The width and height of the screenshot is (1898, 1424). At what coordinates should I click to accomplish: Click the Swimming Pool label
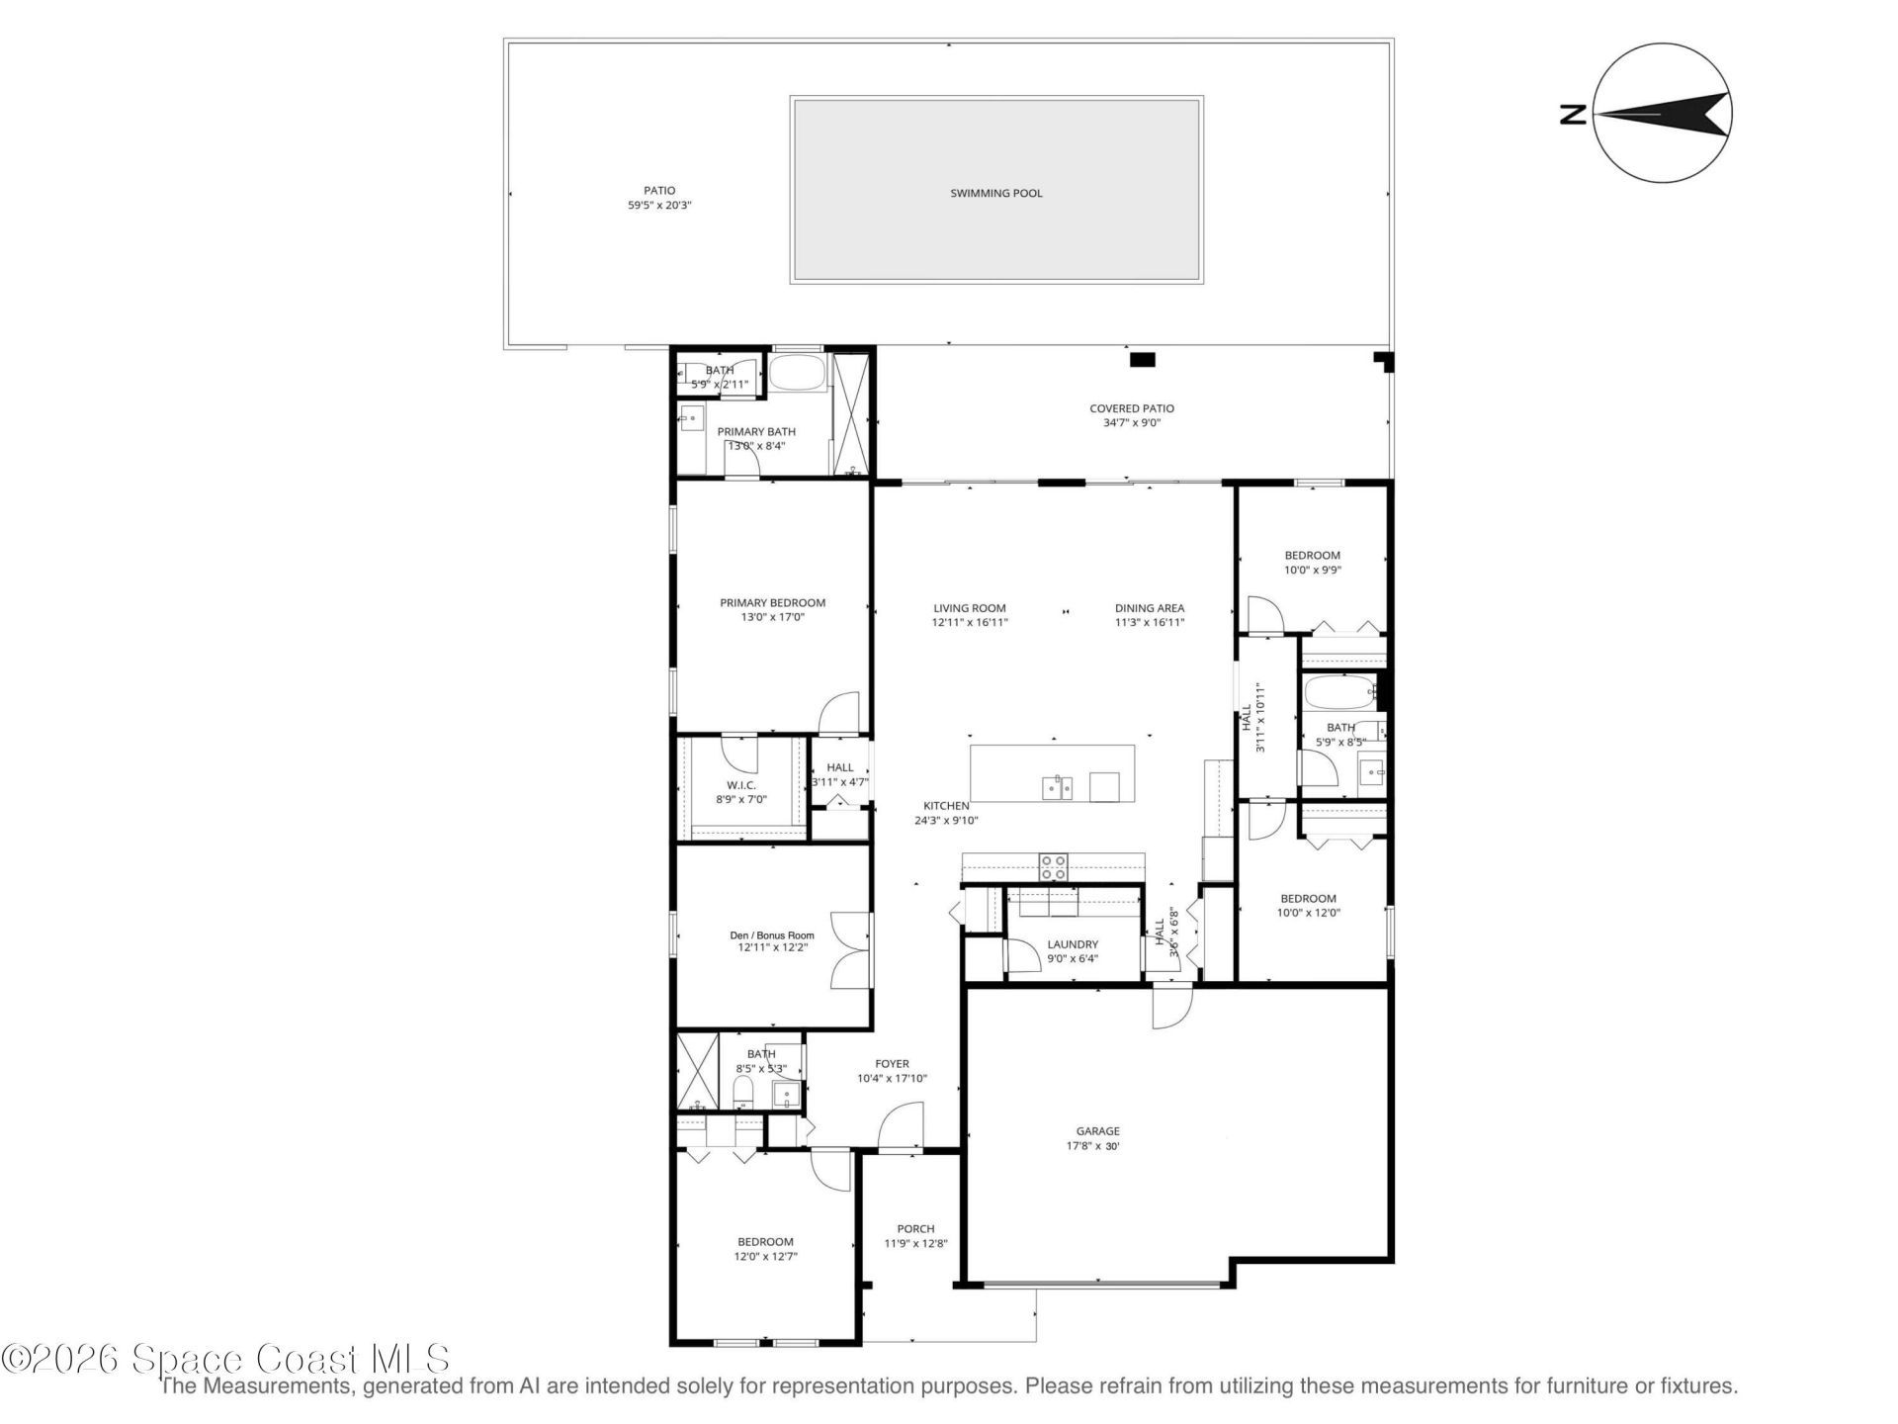tap(995, 193)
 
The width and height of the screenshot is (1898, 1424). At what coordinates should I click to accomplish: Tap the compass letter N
tap(1573, 116)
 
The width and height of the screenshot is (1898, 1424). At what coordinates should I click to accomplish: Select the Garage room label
tap(1097, 1131)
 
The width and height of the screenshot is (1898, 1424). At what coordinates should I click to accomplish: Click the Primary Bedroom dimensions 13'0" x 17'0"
tap(772, 617)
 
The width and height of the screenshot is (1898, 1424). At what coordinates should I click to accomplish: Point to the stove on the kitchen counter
tap(1053, 867)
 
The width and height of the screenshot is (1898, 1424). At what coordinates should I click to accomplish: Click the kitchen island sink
tap(1057, 788)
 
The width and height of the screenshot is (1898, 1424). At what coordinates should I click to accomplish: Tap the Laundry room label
tap(1073, 944)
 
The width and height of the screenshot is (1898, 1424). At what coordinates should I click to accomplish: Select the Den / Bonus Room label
tap(772, 935)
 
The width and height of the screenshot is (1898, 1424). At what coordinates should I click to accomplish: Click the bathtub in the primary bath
tap(796, 373)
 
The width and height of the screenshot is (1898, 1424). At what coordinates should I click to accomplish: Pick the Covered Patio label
tap(1131, 408)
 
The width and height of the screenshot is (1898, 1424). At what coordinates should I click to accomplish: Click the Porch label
tap(915, 1229)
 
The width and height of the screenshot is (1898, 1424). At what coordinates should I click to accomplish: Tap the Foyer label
tap(892, 1064)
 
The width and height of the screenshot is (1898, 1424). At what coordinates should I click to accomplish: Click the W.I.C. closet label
tap(741, 785)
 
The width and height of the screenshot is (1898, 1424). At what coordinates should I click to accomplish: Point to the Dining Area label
tap(1149, 608)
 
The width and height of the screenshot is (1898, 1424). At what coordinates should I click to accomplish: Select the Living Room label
tap(969, 608)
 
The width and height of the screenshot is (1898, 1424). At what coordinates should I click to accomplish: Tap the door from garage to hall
tap(1171, 1006)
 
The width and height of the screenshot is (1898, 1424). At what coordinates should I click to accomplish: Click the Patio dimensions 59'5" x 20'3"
tap(659, 206)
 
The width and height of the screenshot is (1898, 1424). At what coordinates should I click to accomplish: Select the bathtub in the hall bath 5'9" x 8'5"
tap(1339, 692)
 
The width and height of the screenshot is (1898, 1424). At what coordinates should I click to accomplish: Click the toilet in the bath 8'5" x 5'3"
tap(743, 1094)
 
